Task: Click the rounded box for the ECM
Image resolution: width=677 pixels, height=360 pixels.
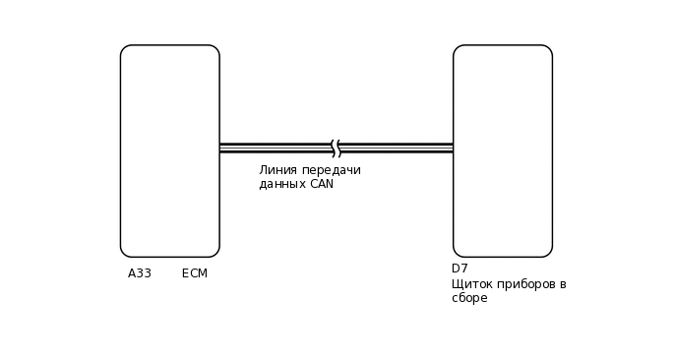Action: coord(169,150)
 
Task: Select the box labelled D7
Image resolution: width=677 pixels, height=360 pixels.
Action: coord(502,150)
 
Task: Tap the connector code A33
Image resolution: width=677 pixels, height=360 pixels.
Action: coord(140,273)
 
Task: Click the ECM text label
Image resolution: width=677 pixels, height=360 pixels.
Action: coord(195,273)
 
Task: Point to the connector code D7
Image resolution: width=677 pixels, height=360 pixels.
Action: coord(460,269)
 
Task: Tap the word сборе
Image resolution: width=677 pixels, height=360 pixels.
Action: coord(469,298)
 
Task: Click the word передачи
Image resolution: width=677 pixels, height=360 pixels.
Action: coord(332,170)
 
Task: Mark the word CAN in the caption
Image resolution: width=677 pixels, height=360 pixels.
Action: coord(322,184)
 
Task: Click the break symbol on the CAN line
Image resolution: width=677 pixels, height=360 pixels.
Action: coord(336,149)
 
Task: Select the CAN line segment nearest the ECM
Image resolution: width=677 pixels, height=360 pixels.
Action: coord(275,149)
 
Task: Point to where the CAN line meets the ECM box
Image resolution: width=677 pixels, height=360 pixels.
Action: coord(219,149)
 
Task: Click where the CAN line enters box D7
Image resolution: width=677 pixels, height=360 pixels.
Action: coord(454,149)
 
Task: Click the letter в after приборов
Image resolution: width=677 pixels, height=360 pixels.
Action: coord(562,284)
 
